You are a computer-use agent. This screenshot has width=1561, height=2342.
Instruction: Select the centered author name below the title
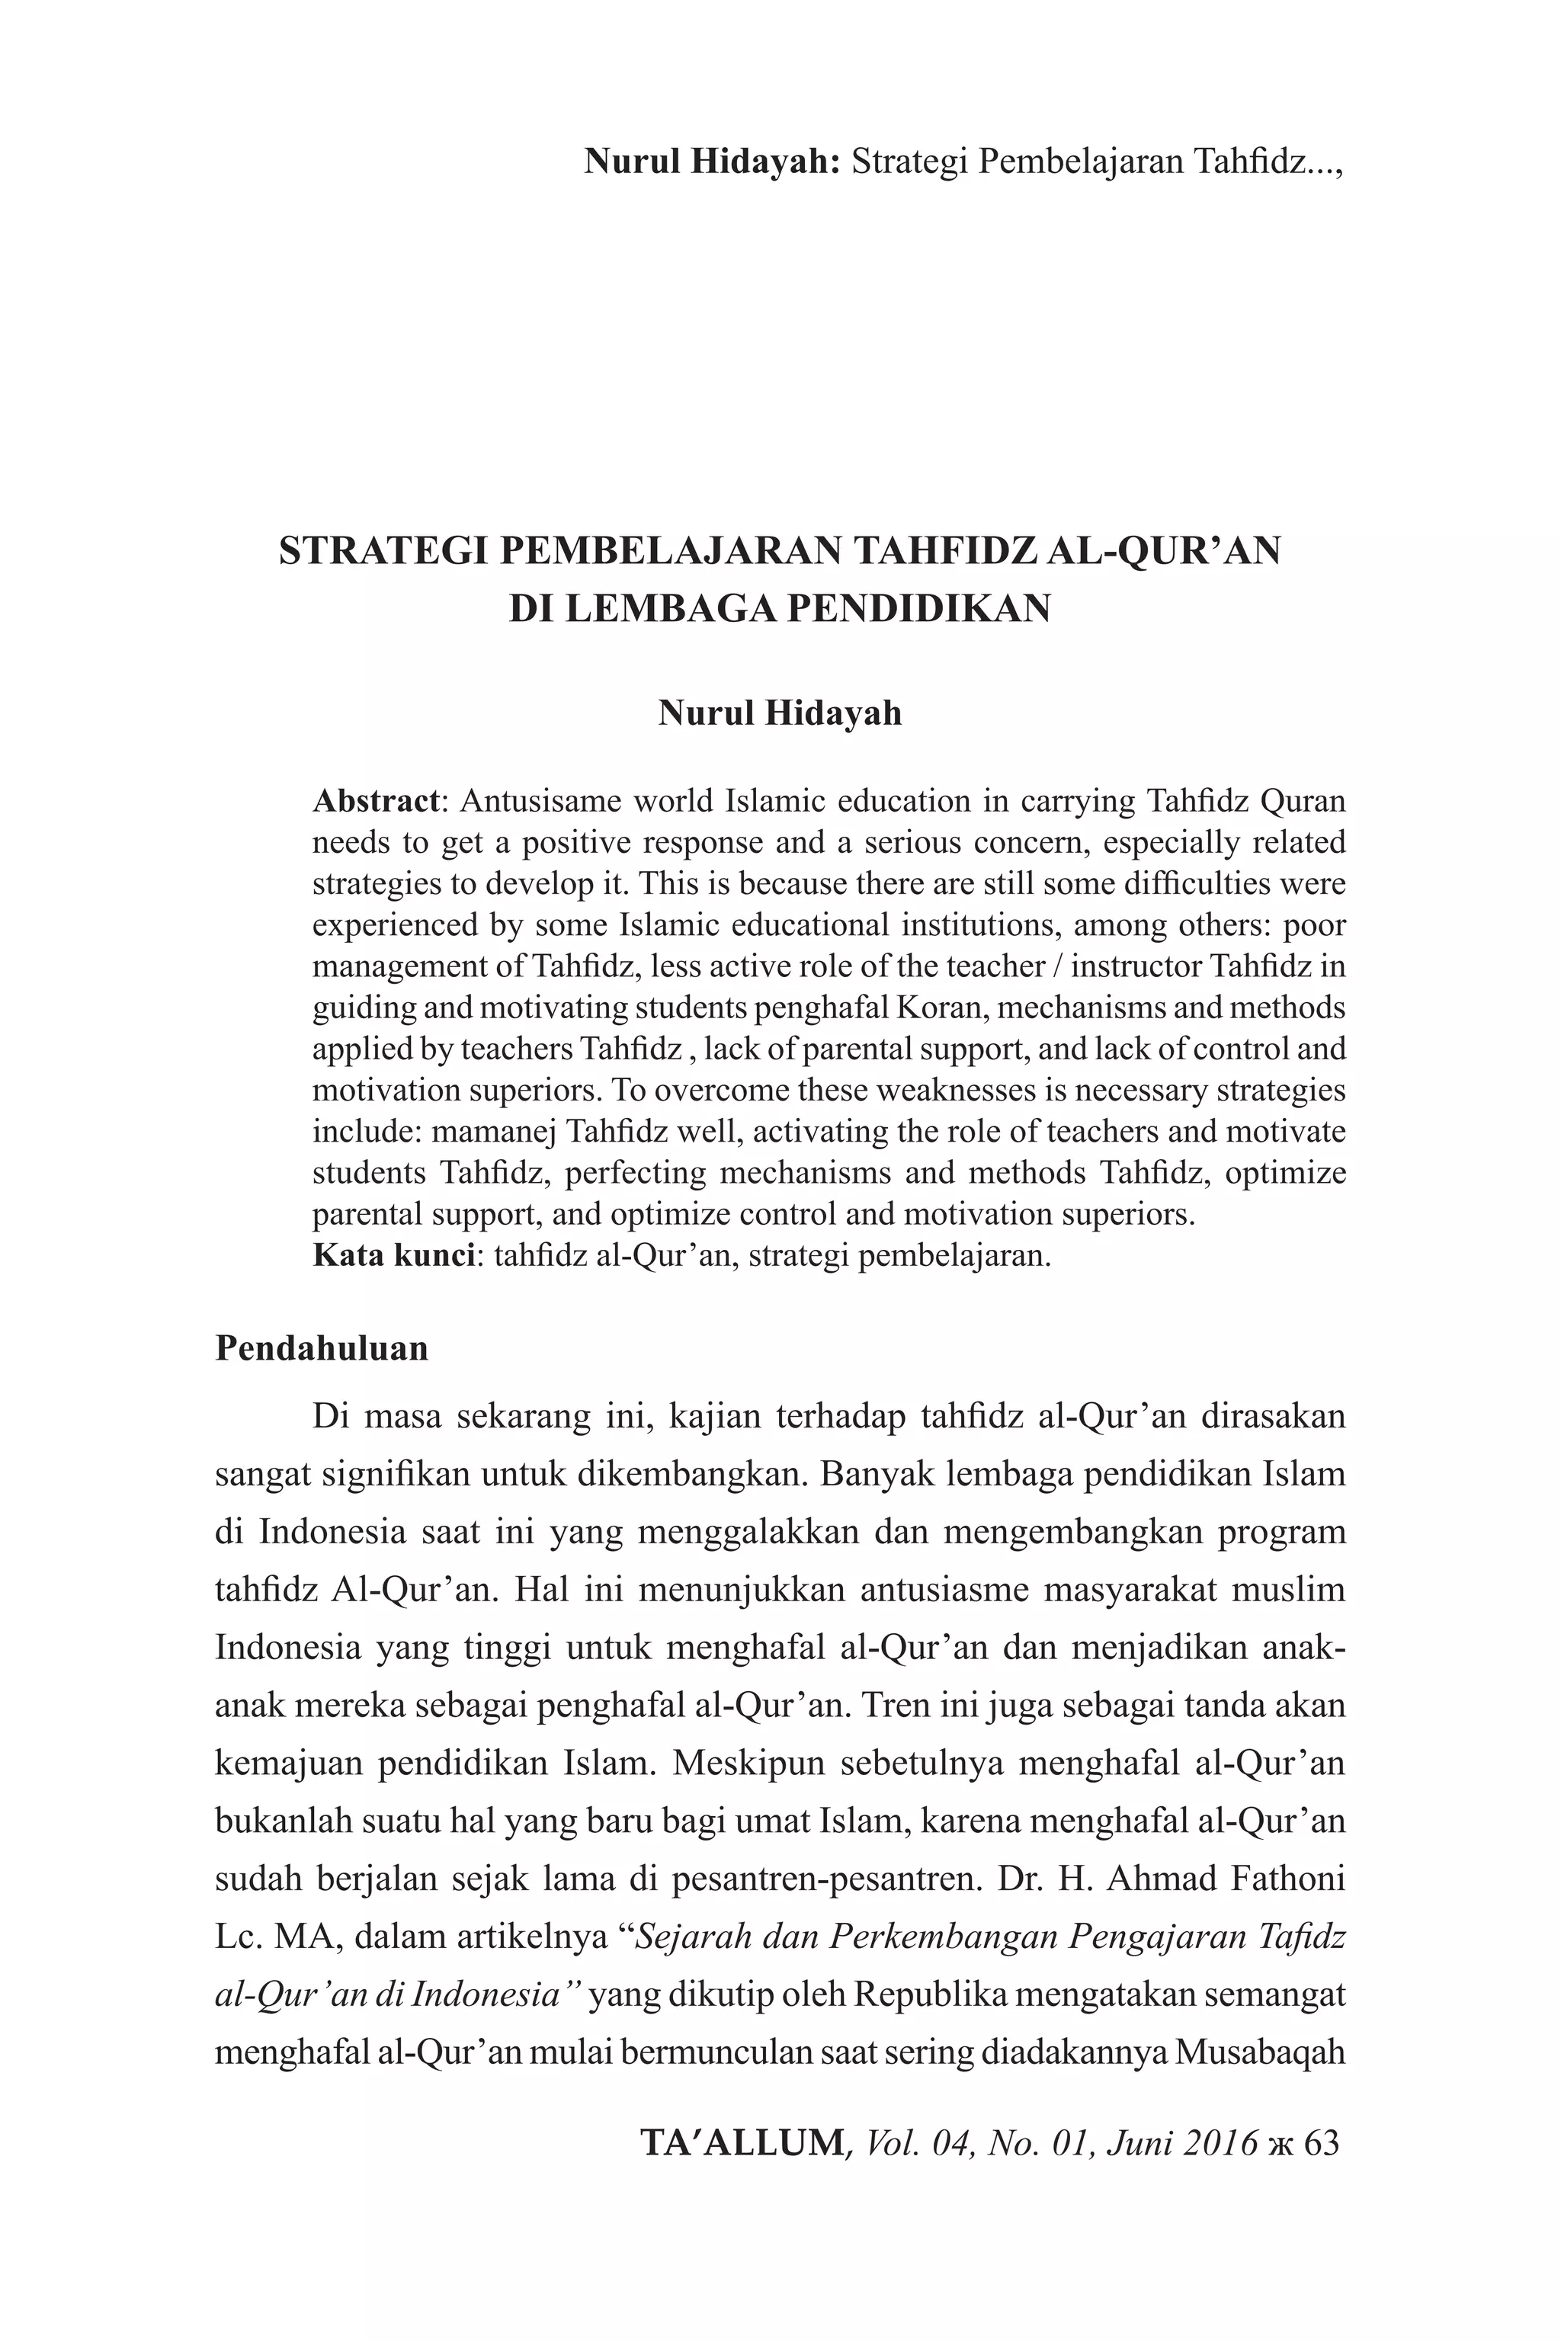(780, 713)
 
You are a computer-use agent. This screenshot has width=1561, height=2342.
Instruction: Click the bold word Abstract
(375, 801)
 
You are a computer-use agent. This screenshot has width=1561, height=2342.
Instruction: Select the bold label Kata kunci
(393, 1255)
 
